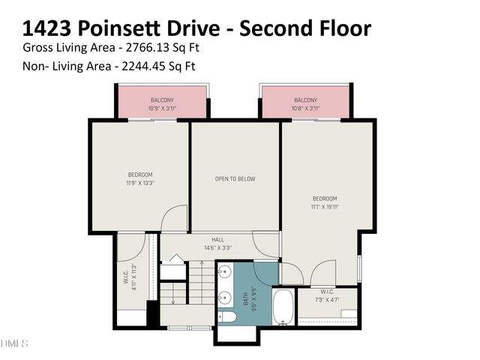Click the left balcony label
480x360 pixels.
pos(163,100)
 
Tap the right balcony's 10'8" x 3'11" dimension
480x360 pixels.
pos(305,109)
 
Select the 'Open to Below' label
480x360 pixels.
pos(235,178)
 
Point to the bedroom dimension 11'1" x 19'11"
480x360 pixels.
pos(325,207)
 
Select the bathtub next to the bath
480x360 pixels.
pos(283,308)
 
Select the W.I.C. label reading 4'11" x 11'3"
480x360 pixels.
pos(130,277)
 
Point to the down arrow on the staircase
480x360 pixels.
pos(173,301)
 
